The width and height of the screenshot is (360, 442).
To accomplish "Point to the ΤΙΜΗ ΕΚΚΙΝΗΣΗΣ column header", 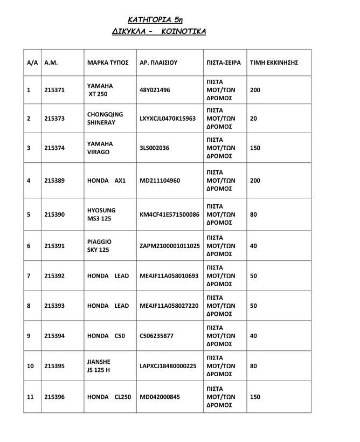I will pos(274,63).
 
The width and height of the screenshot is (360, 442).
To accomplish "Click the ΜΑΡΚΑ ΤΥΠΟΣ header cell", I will pos(107,63).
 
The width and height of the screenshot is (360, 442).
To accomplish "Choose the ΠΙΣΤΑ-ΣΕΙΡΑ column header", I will pos(224,63).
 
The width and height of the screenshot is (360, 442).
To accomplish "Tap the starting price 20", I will pos(254,118).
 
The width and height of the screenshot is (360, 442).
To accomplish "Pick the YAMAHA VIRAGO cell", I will pos(100,148).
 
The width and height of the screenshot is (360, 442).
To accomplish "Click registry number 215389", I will pos(54,181).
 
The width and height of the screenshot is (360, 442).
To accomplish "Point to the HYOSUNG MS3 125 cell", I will pos(101,215).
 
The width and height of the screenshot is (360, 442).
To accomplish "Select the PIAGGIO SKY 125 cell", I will pos(99,246).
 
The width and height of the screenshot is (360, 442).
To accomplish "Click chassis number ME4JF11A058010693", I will pos(169,276).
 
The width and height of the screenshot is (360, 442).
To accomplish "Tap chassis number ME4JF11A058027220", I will pos(169,306).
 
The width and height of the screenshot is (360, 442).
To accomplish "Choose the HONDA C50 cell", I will pos(106,336).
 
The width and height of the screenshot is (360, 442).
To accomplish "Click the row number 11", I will pos(30,397).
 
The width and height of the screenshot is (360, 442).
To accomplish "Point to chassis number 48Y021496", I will pos(154,90).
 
